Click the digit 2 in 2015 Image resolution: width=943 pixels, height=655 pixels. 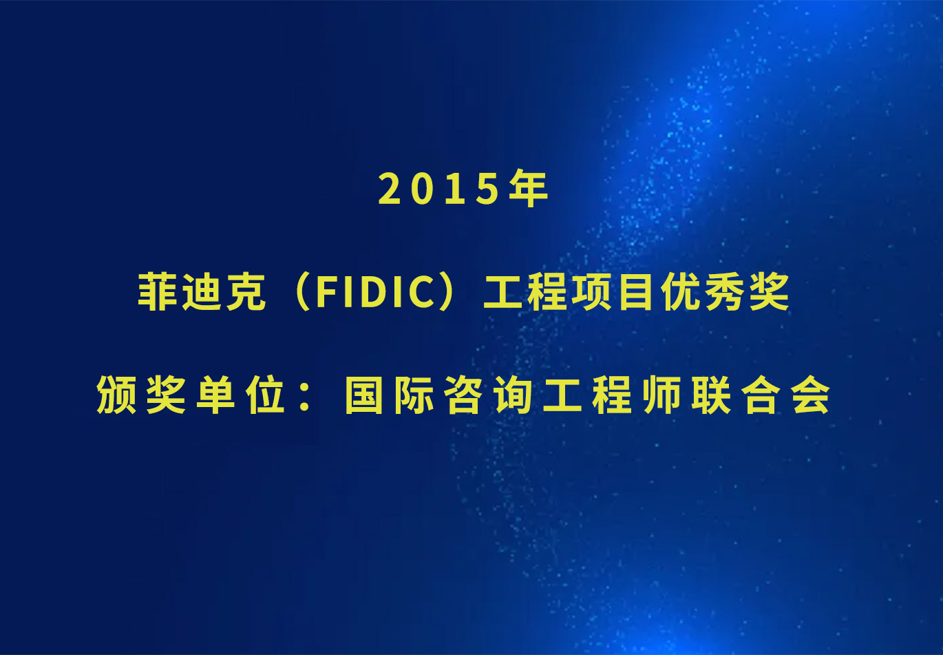point(389,189)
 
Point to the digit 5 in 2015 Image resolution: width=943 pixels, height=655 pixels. point(487,189)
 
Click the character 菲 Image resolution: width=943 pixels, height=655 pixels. point(158,291)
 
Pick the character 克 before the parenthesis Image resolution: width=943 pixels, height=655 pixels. point(246,291)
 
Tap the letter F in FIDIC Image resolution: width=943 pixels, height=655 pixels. point(328,291)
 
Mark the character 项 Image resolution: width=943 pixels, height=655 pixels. point(592,291)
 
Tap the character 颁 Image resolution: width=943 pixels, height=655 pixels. point(116,394)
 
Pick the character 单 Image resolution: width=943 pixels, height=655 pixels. point(215,394)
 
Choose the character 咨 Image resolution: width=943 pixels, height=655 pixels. point(463,394)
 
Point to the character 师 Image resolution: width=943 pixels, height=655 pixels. point(661,394)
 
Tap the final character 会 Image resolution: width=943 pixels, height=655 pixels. point(810,394)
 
